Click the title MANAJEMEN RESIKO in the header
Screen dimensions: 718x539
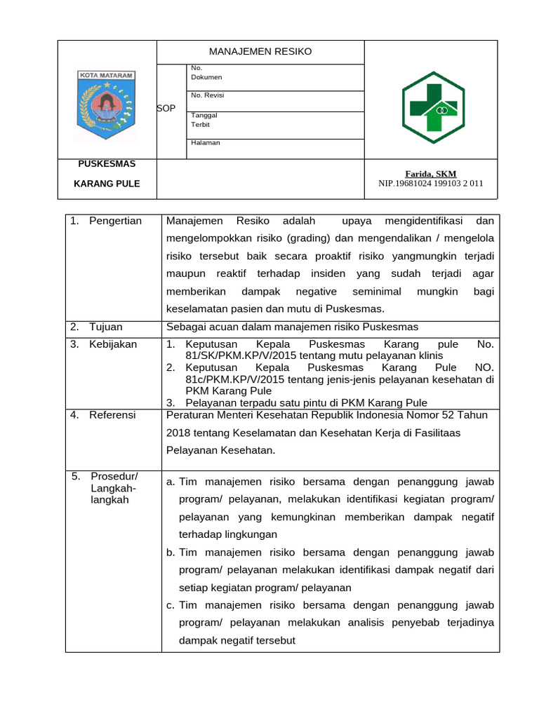(x=260, y=51)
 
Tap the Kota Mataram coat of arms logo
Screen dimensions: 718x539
(x=107, y=105)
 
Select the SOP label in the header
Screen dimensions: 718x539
(x=166, y=108)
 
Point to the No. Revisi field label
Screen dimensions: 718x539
(x=207, y=95)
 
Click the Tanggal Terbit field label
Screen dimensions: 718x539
(x=204, y=120)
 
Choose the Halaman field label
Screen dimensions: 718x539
(x=206, y=142)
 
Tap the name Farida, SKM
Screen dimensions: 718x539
(x=430, y=173)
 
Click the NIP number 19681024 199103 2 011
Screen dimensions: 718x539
(x=430, y=184)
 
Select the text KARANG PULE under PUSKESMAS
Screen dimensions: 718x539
(x=107, y=184)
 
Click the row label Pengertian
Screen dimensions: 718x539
(x=115, y=221)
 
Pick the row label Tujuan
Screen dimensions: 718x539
(x=106, y=327)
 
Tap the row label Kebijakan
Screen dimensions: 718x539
(x=113, y=344)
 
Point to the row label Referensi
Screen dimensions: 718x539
(x=113, y=414)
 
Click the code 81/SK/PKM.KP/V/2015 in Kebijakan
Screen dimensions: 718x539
(x=239, y=355)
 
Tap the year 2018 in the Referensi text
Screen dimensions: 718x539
(x=179, y=433)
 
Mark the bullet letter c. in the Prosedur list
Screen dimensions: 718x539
(x=171, y=604)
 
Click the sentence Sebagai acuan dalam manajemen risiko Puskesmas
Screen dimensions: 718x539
(x=292, y=327)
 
